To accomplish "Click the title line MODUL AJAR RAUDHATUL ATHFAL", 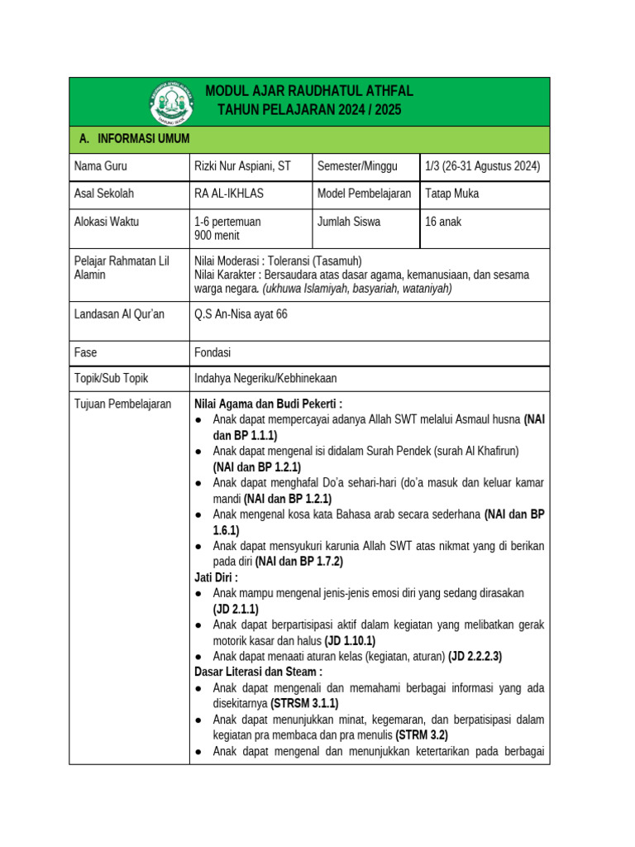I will pos(308,91).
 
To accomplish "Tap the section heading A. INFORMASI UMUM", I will pos(135,139).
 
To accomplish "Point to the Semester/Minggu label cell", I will pos(356,166).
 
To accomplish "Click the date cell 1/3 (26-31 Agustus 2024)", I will pos(482,166).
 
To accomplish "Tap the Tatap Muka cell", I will pos(451,194).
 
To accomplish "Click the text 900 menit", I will pos(217,235).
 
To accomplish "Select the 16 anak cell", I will pos(445,222).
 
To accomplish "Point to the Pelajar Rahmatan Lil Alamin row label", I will pos(121,267).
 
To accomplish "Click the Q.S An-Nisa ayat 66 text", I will pos(241,313).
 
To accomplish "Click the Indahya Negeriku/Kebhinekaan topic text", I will pos(265,378).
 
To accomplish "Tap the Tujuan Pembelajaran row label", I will pos(122,404).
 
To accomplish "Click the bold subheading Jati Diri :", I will pos(216,577).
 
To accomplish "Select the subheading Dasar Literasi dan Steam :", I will pos(258,672).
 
